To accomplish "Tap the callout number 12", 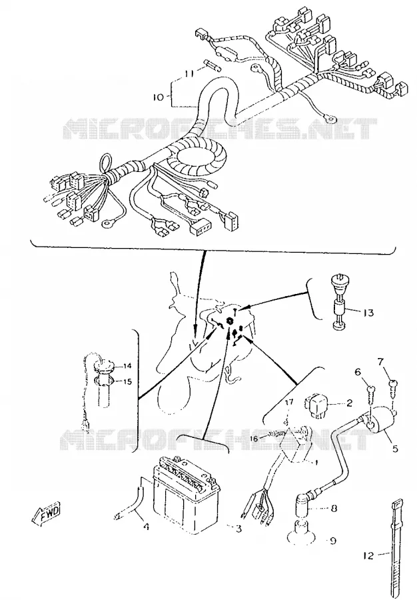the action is tap(368, 555).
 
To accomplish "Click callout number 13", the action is tap(368, 313).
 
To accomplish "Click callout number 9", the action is tap(333, 541).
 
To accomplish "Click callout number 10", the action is tap(158, 97).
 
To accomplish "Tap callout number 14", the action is tap(127, 366).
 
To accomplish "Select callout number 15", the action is tap(127, 381).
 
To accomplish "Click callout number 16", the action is tap(254, 439).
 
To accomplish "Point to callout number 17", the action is tap(289, 402).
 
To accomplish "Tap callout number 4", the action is tap(146, 527).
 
